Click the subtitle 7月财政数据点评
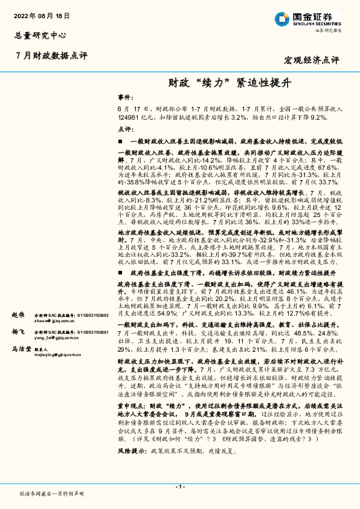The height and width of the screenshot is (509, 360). (51, 55)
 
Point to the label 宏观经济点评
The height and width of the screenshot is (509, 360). (312, 60)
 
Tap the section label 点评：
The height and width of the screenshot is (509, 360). (124, 129)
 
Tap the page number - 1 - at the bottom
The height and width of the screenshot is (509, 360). (180, 487)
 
